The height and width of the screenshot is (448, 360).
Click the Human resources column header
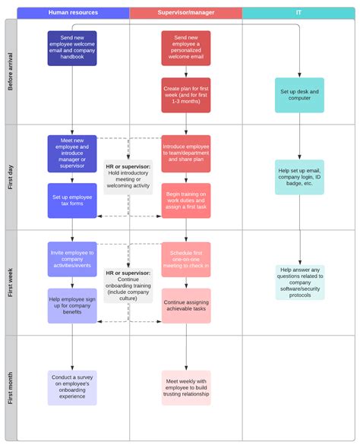[x=73, y=13]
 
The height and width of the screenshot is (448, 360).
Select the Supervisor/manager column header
[x=185, y=13]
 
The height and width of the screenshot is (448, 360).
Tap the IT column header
[x=298, y=13]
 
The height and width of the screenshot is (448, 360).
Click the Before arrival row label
[x=11, y=72]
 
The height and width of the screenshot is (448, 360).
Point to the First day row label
[x=11, y=177]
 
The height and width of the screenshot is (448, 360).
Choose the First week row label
[x=11, y=282]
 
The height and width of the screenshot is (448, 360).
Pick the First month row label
[x=11, y=387]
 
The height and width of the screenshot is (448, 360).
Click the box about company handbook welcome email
[x=72, y=49]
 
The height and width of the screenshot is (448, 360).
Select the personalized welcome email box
[x=185, y=49]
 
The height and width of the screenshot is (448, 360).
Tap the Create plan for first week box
[x=185, y=95]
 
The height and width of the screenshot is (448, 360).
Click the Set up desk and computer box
[x=299, y=95]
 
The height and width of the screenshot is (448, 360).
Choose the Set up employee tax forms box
[x=72, y=200]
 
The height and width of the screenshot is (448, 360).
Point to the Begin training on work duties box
[x=185, y=200]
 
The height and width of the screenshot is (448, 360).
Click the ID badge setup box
[x=299, y=177]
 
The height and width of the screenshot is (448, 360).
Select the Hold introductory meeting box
[x=128, y=176]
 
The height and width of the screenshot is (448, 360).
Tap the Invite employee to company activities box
[x=72, y=259]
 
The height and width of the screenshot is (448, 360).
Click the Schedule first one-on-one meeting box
[x=185, y=259]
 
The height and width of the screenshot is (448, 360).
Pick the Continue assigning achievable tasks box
[x=185, y=305]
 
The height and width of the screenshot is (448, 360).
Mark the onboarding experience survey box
[x=72, y=387]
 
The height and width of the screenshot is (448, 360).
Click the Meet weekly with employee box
[x=185, y=387]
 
